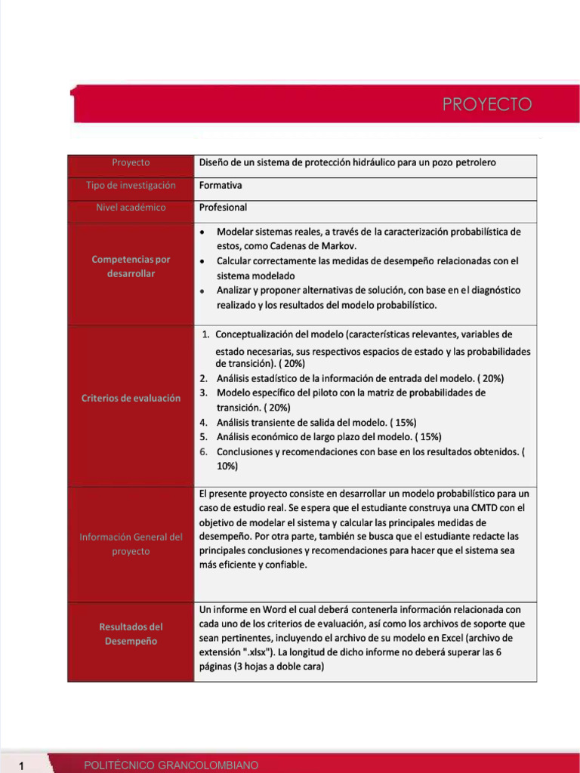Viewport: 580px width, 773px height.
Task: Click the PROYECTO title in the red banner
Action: point(487,104)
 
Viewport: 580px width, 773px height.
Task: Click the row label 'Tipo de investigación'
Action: point(131,185)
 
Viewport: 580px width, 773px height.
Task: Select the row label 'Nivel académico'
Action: point(131,208)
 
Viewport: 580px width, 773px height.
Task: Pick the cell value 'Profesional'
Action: point(223,208)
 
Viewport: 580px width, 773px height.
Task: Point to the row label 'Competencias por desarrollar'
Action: point(131,266)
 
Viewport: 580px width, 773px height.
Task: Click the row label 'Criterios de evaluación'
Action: point(131,398)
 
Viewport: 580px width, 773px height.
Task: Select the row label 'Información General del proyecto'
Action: point(131,544)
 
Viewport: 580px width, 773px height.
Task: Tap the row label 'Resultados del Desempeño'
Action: point(131,634)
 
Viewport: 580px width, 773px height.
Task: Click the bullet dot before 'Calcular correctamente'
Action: point(204,261)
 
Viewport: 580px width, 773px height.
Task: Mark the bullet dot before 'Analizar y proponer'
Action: point(204,291)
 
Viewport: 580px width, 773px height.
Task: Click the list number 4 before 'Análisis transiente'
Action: point(204,422)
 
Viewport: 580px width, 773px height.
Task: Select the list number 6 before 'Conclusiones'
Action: point(204,451)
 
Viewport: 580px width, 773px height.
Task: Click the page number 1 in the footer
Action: point(23,766)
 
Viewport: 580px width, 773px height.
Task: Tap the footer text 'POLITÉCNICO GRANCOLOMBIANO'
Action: point(171,765)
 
